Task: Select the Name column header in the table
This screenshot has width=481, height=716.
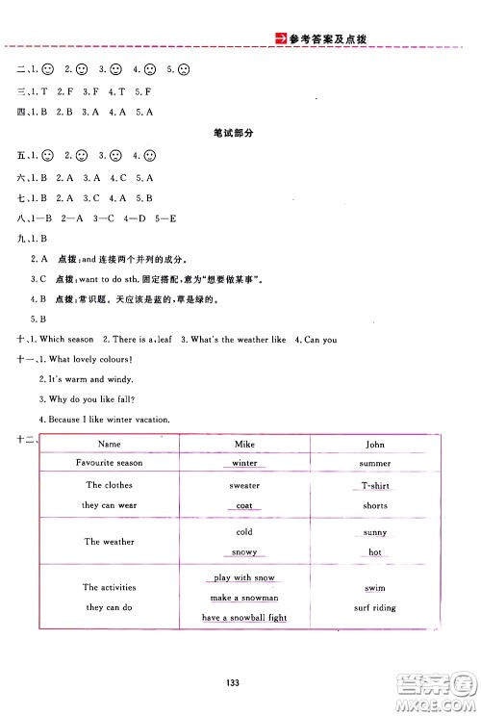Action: click(110, 444)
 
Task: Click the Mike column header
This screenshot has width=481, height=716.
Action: click(244, 444)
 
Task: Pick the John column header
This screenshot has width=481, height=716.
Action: click(375, 444)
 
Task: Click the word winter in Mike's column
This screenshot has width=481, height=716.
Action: click(244, 463)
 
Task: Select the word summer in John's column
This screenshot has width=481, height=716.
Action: click(375, 463)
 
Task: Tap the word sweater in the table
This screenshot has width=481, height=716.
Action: click(244, 486)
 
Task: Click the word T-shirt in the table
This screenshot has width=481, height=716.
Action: click(375, 486)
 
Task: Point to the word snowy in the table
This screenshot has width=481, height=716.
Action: click(244, 552)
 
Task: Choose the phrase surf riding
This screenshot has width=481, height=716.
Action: click(375, 608)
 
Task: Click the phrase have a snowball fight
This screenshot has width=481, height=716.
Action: click(244, 618)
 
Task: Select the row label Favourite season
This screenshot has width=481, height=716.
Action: click(110, 463)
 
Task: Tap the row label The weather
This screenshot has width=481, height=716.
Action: click(110, 542)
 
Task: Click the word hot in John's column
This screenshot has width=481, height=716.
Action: click(375, 552)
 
